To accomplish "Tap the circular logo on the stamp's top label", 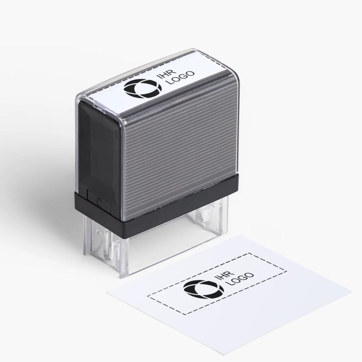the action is click(142, 88).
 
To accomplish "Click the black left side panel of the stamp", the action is click(99, 150).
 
